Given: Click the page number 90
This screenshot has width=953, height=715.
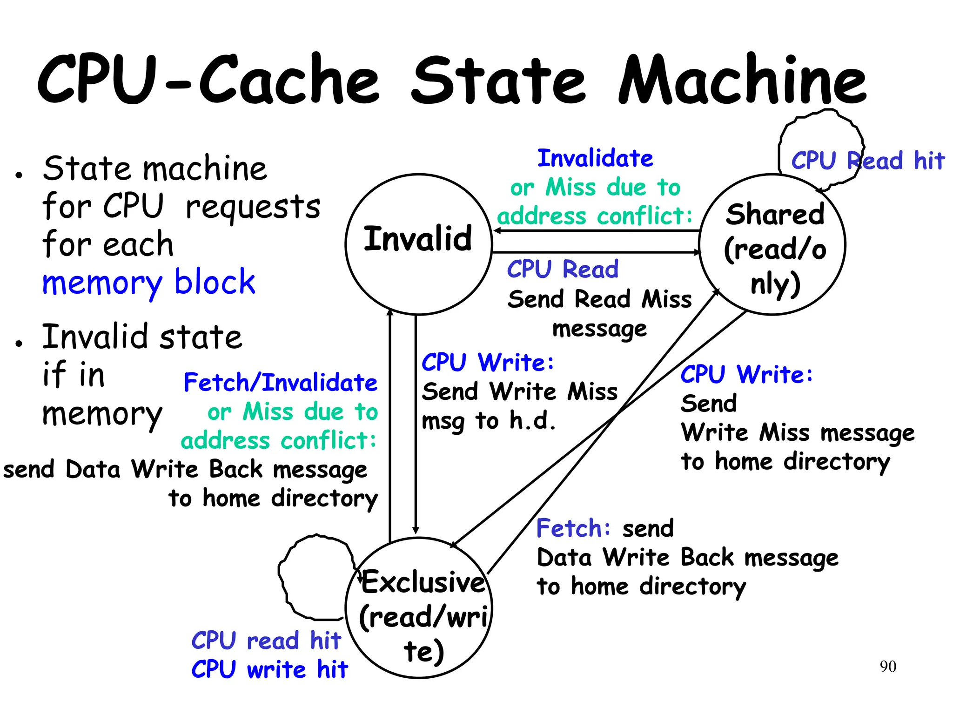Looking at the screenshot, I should pyautogui.click(x=887, y=667).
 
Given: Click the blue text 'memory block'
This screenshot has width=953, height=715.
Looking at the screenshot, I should pyautogui.click(x=149, y=283).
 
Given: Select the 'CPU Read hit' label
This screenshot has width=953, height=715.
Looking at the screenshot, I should pyautogui.click(x=868, y=161).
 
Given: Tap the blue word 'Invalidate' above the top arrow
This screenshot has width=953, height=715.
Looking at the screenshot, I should pyautogui.click(x=595, y=158).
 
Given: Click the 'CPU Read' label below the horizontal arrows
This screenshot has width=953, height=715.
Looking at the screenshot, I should pyautogui.click(x=563, y=269).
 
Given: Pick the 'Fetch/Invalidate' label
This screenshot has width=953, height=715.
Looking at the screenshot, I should pyautogui.click(x=281, y=383).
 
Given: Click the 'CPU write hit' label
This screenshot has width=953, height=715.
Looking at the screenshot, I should pyautogui.click(x=269, y=669).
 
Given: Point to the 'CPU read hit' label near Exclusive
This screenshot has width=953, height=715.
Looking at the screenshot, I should pyautogui.click(x=266, y=641).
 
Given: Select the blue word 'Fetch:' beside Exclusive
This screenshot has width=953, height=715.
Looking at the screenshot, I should pyautogui.click(x=573, y=528).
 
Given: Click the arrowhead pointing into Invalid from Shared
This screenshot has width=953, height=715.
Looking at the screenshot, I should pyautogui.click(x=497, y=230).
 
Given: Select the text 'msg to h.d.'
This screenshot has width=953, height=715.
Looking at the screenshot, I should pyautogui.click(x=489, y=421).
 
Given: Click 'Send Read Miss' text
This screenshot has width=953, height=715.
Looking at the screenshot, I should pyautogui.click(x=599, y=299).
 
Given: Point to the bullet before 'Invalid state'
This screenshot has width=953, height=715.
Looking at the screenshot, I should pyautogui.click(x=19, y=344).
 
